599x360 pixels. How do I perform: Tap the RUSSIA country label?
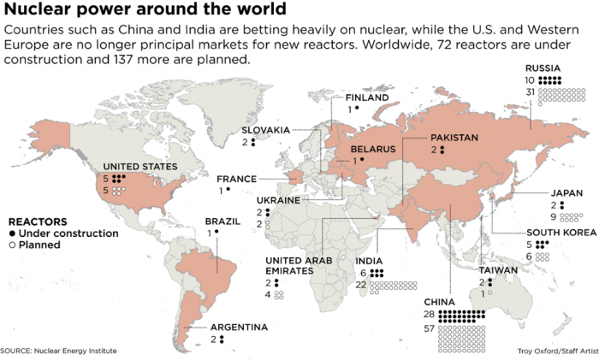pos(543,68)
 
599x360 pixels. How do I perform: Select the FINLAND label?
pos(367,97)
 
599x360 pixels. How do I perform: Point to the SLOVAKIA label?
pos(266,130)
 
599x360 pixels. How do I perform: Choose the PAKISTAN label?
pos(454,137)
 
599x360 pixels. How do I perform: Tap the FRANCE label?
pos(236,179)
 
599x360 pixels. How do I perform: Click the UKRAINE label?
pos(278,199)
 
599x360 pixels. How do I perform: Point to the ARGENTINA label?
pos(240,328)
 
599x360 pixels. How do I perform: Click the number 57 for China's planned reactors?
pos(429,329)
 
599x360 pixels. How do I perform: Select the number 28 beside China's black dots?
pos(429,315)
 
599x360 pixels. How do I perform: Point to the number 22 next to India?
pos(359,285)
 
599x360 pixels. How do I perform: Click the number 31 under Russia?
pos(530,91)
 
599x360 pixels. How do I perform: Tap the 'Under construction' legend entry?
pos(68,233)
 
